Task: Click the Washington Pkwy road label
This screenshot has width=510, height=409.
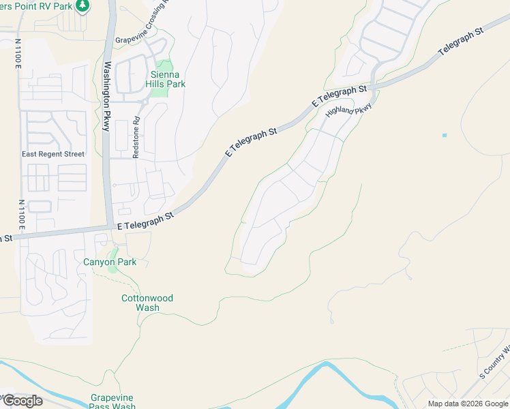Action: click(x=107, y=96)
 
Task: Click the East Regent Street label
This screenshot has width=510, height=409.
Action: click(x=53, y=154)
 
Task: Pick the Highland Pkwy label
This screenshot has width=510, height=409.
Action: click(x=349, y=110)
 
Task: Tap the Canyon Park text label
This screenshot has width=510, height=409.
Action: click(x=110, y=262)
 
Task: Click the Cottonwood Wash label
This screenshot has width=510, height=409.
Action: click(x=147, y=303)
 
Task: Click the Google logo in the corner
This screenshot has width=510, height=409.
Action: click(x=22, y=401)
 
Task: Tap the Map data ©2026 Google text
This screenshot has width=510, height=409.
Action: click(x=468, y=404)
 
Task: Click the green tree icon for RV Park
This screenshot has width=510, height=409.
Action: click(x=82, y=5)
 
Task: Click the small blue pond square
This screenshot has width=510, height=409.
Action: click(x=445, y=135)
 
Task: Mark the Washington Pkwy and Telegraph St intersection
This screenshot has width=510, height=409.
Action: click(x=109, y=228)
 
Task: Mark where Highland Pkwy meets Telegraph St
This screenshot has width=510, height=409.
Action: click(x=376, y=84)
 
